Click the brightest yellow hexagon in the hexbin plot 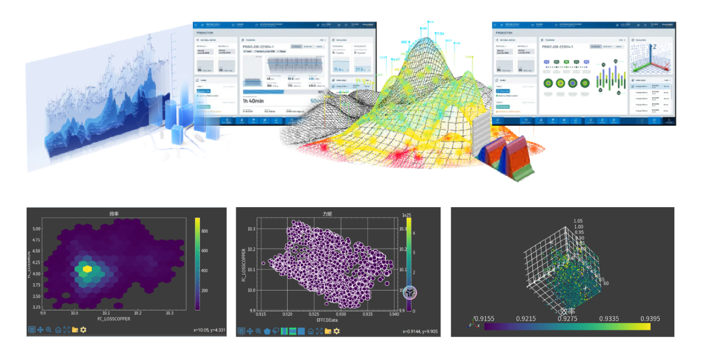(88, 269)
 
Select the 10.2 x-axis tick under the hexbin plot (138, 313)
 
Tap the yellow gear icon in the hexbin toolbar (83, 330)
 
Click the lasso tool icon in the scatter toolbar (276, 331)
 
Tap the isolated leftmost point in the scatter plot (263, 263)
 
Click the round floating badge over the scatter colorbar (410, 292)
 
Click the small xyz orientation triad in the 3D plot (473, 325)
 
